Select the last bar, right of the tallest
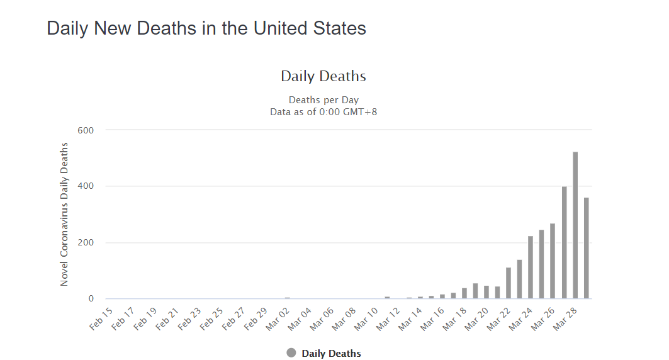586,248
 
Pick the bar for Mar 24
531,267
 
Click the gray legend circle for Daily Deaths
291,353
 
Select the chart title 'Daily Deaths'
323,76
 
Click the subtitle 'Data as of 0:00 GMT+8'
323,111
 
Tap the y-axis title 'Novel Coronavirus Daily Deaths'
64,215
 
